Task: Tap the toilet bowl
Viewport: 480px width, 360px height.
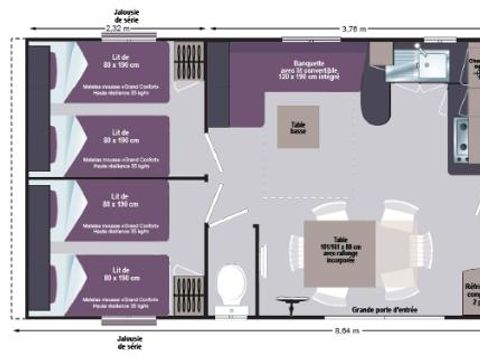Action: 227,284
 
